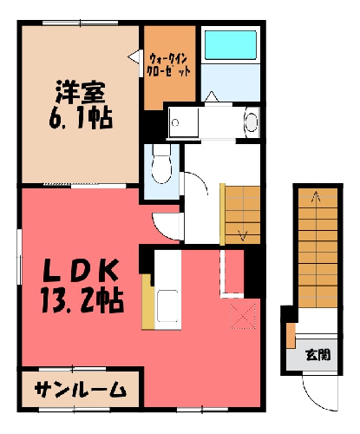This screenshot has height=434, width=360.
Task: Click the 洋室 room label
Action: pos(81,92)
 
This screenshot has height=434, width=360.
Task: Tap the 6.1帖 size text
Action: pos(81,119)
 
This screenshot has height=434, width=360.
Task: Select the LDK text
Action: pos(81,270)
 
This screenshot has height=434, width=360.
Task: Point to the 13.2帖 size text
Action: pos(82,300)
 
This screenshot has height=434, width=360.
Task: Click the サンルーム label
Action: pos(81,390)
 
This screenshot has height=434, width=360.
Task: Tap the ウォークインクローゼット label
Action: pos(169,65)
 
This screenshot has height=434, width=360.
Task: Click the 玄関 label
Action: pos(318,355)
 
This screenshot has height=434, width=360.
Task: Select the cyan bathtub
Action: pos(231,45)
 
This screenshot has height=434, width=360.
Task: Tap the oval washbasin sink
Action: pos(251,122)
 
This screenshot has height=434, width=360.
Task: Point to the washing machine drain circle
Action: pos(175,122)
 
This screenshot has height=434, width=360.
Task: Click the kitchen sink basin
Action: pos(167,306)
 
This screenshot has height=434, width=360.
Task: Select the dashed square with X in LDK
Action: pos(243,317)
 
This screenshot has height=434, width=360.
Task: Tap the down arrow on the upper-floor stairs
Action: pos(242,235)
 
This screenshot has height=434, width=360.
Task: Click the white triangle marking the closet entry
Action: pos(134,57)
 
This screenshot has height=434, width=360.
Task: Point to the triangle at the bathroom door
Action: pos(212,96)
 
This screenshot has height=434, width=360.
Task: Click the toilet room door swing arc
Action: pos(200,180)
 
